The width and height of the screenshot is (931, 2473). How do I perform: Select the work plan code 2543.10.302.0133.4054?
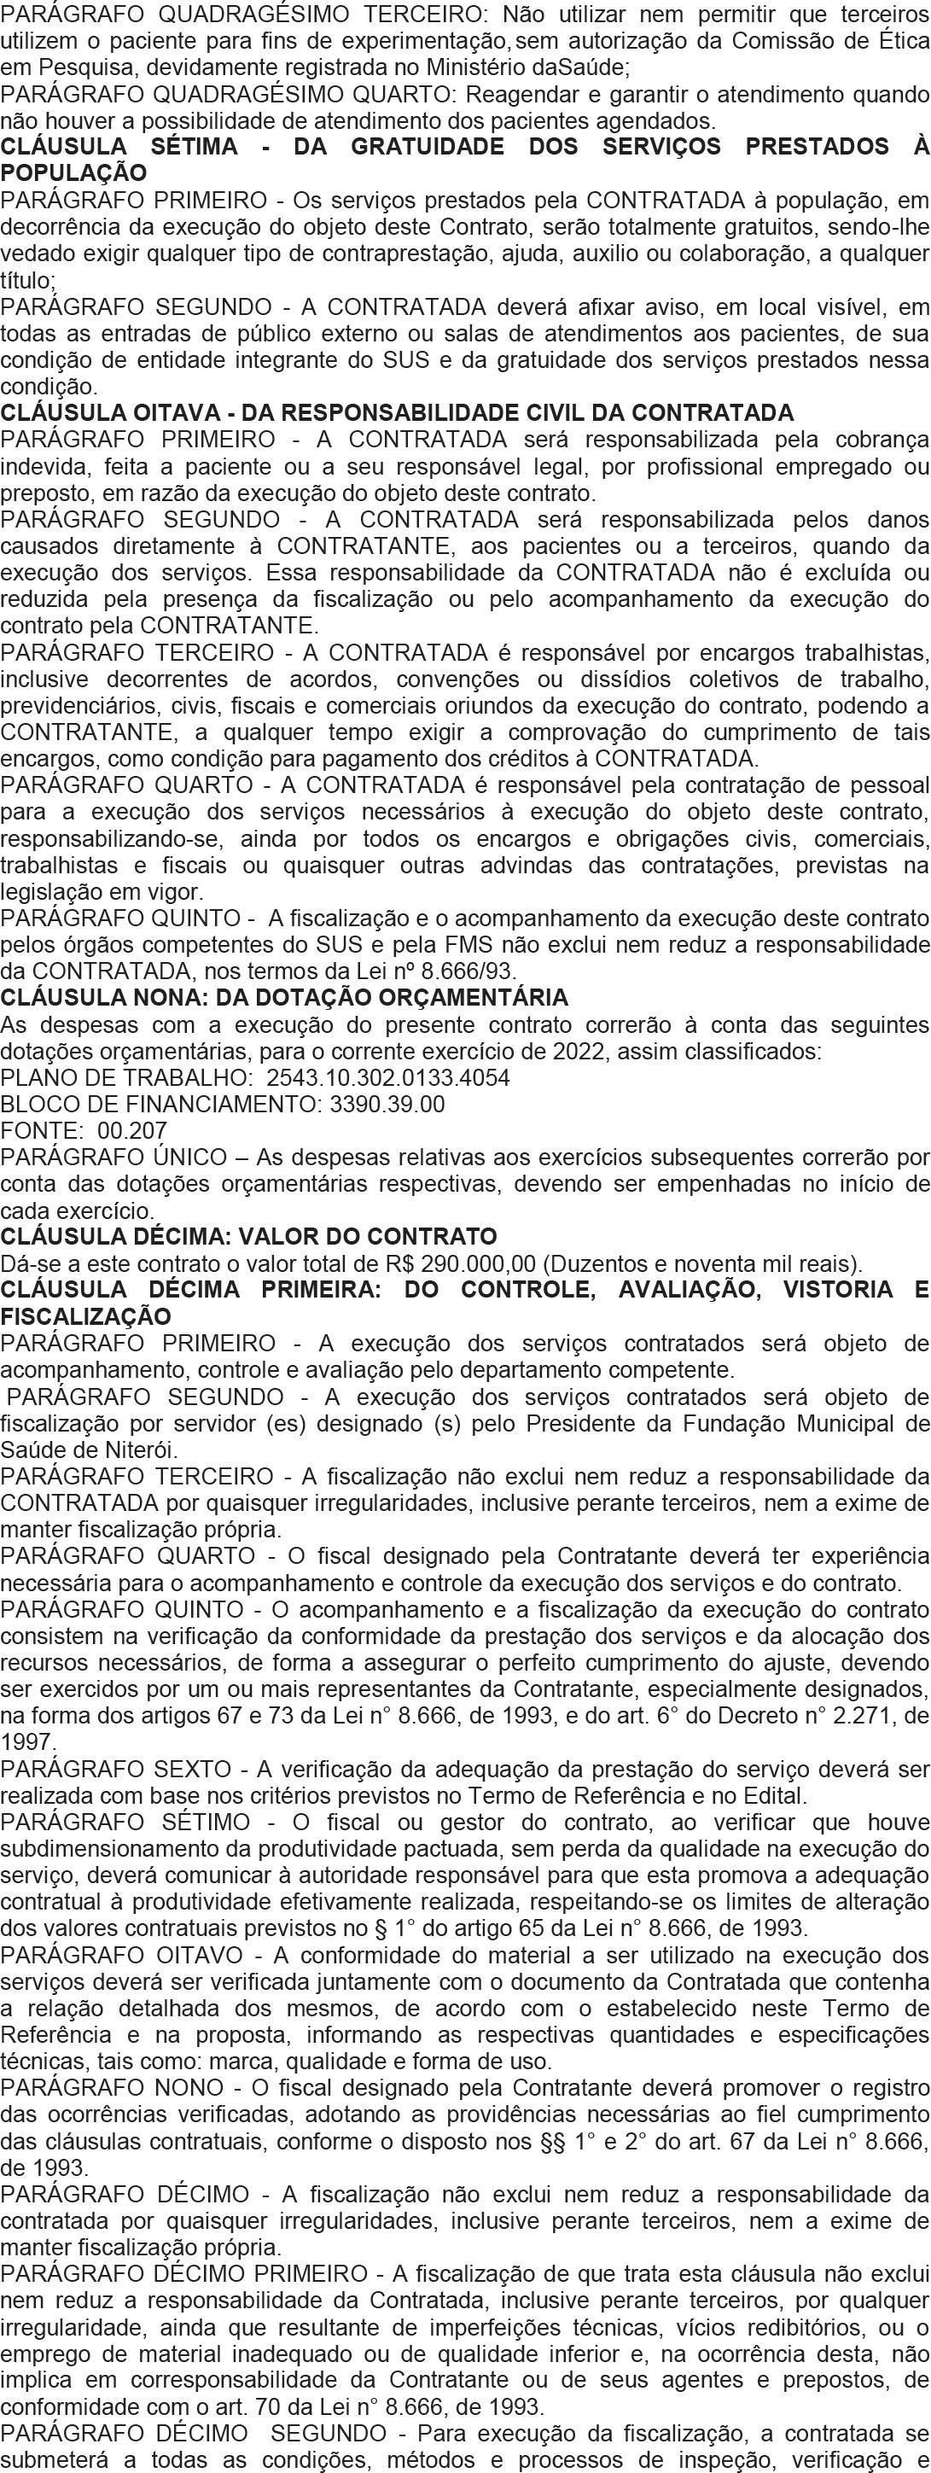point(387,1077)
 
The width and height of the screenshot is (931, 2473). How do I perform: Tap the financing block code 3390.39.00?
point(387,1104)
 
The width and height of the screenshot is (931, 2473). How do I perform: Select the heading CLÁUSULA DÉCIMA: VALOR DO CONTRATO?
point(248,1236)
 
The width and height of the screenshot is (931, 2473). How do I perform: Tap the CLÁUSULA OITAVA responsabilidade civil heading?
point(397,413)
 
